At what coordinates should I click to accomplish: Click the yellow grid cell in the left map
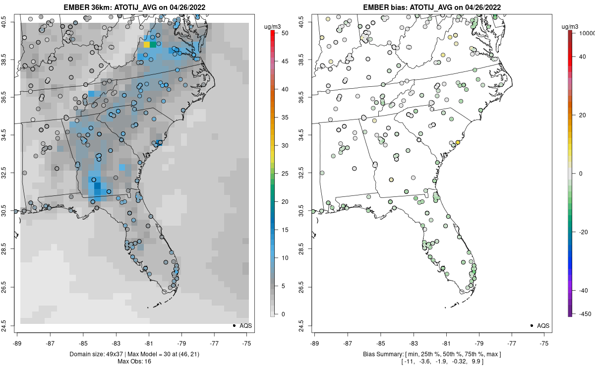click(x=147, y=45)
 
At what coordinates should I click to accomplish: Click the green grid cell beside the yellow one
click(x=153, y=45)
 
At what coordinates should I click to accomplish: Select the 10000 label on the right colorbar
click(x=586, y=33)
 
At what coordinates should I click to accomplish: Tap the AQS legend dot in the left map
click(x=234, y=325)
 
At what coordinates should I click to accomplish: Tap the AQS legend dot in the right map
click(x=531, y=325)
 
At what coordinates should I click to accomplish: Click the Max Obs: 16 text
click(x=134, y=361)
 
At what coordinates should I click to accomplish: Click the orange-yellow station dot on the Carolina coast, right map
click(x=458, y=142)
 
